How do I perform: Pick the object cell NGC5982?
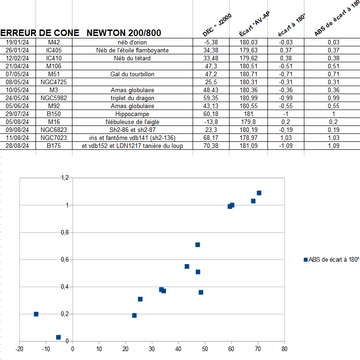tap(54, 98)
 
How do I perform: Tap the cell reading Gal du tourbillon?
tap(132, 74)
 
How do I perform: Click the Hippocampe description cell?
tap(132, 114)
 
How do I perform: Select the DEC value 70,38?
tap(211, 146)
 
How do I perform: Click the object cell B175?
tap(54, 146)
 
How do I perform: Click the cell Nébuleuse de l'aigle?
tap(132, 122)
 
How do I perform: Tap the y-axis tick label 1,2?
tap(65, 178)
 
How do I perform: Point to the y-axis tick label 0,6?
tap(65, 259)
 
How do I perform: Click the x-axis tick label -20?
tap(19, 349)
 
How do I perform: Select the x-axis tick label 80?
tap(284, 349)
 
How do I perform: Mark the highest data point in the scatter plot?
tap(259, 193)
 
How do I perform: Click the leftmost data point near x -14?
tap(36, 314)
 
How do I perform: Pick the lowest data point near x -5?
tap(58, 337)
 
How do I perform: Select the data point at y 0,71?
tap(197, 244)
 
